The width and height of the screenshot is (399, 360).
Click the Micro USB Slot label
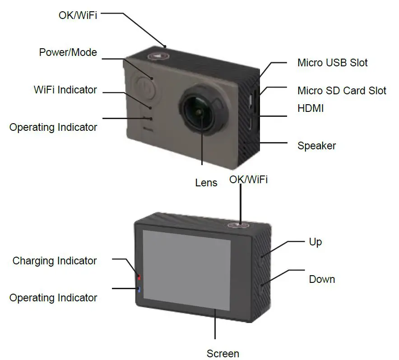pyautogui.click(x=332, y=63)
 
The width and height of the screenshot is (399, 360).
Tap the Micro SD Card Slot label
pyautogui.click(x=342, y=90)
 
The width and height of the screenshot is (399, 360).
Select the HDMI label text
pyautogui.click(x=311, y=108)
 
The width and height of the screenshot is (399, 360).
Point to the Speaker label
pyautogui.click(x=316, y=146)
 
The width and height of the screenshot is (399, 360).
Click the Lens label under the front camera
pyautogui.click(x=206, y=183)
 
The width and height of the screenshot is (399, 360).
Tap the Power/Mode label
pyautogui.click(x=68, y=52)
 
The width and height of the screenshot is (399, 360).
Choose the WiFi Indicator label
pyautogui.click(x=65, y=90)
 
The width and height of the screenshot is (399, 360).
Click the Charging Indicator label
pyautogui.click(x=55, y=261)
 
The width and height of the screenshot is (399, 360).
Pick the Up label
pyautogui.click(x=315, y=242)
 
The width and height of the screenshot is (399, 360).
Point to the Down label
pyautogui.click(x=322, y=279)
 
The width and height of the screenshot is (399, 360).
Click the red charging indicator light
pyautogui.click(x=139, y=277)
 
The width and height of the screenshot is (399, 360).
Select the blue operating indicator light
pyautogui.click(x=139, y=290)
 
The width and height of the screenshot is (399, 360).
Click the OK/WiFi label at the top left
pyautogui.click(x=78, y=15)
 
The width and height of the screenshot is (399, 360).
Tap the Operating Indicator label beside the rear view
pyautogui.click(x=53, y=298)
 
